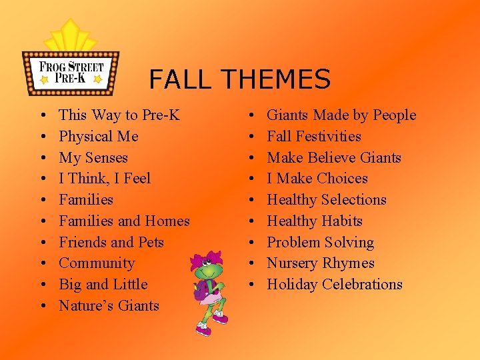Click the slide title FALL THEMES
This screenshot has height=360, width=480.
point(239,79)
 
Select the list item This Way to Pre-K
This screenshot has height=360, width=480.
point(119,115)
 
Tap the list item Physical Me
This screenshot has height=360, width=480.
point(98,137)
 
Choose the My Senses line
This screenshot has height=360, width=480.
point(93,158)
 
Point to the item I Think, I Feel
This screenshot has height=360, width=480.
point(105,179)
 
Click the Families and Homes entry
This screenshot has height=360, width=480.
point(124,221)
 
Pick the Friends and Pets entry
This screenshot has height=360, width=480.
point(111,242)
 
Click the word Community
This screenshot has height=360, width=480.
point(97,263)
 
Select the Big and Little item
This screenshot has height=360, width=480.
point(103,285)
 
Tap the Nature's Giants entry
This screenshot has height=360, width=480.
point(109,306)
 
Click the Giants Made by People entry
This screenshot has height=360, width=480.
point(341,115)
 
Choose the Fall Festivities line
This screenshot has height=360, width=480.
point(313,137)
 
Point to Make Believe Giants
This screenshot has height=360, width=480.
point(333,158)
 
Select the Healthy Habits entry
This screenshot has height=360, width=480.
point(314,221)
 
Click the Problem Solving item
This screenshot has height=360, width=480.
point(320,242)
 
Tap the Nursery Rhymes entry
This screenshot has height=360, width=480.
point(320,263)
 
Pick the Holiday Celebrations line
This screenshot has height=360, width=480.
point(334,285)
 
